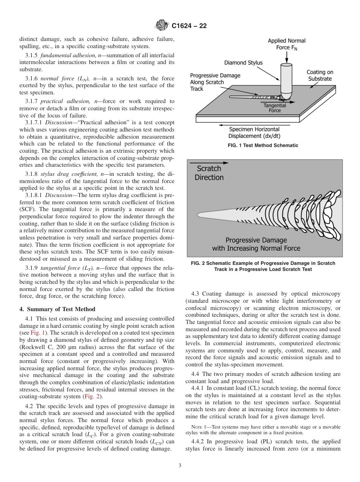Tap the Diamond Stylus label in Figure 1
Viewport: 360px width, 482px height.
point(243,63)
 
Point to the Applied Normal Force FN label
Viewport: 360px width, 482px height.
point(286,44)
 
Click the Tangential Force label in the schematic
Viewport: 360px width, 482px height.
point(275,108)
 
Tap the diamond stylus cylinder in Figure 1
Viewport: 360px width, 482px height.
point(286,78)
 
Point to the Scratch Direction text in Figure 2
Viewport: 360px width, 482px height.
point(209,173)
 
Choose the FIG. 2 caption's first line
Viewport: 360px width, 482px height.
point(261,263)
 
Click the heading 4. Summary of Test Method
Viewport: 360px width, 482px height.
point(57,309)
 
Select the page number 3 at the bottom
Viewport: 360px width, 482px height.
point(180,466)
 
